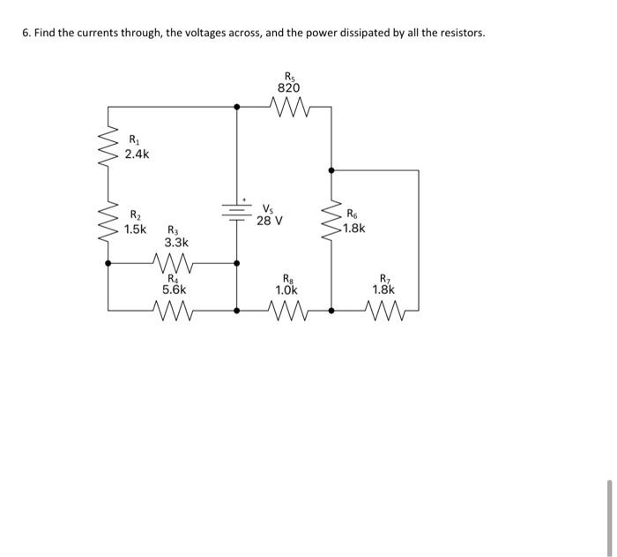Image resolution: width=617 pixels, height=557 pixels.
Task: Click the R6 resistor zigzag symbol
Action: click(x=331, y=222)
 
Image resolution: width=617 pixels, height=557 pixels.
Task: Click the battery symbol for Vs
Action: click(x=236, y=213)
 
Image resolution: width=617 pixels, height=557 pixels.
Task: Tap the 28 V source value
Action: click(x=270, y=221)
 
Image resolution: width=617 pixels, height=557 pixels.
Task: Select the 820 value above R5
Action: click(x=288, y=88)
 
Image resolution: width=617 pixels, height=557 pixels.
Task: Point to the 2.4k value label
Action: click(x=137, y=154)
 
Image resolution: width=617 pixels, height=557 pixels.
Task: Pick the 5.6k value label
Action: click(x=174, y=289)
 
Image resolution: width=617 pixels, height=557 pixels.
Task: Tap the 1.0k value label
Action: click(x=287, y=289)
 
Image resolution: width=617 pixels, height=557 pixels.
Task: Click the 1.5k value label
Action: click(x=136, y=230)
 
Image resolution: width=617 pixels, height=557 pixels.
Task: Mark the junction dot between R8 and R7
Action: click(x=331, y=311)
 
